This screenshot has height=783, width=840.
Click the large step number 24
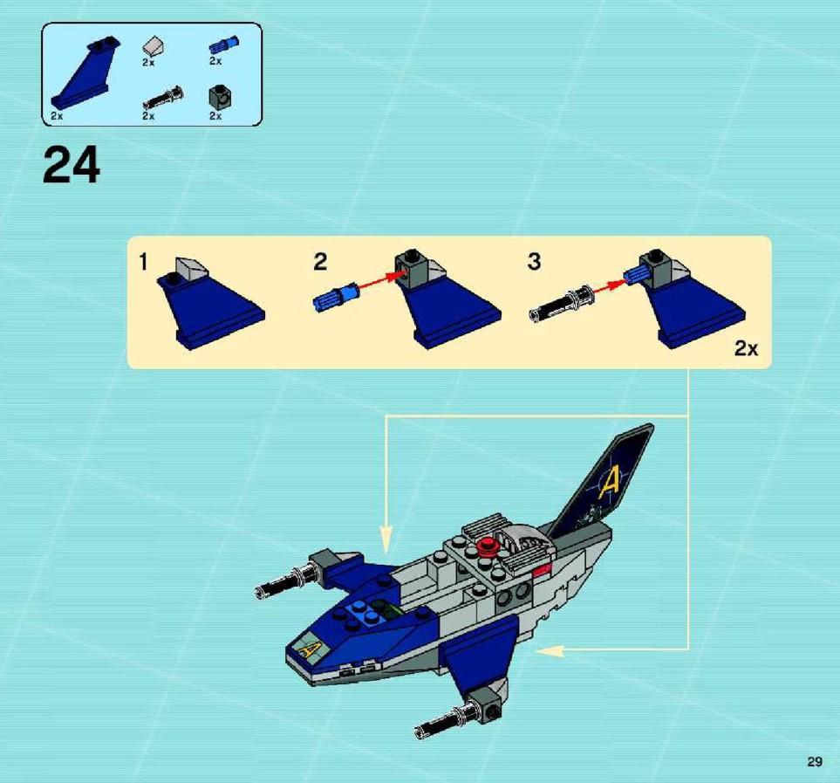pyautogui.click(x=72, y=165)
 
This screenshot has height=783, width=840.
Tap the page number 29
pyautogui.click(x=815, y=761)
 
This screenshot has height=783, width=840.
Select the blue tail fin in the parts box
pyautogui.click(x=85, y=74)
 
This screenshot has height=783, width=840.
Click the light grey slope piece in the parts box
pyautogui.click(x=154, y=46)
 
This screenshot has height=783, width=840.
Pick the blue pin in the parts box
pyautogui.click(x=224, y=45)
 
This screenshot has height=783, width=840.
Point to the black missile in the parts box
pyautogui.click(x=163, y=98)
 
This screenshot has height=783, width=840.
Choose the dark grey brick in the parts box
pyautogui.click(x=220, y=97)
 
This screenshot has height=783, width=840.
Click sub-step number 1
pyautogui.click(x=143, y=263)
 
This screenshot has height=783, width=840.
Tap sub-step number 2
pyautogui.click(x=320, y=262)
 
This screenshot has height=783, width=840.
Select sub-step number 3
pyautogui.click(x=534, y=262)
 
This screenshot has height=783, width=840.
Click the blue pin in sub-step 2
pyautogui.click(x=334, y=297)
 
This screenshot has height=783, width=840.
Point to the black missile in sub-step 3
pyautogui.click(x=560, y=305)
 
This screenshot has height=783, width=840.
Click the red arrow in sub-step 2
pyautogui.click(x=381, y=283)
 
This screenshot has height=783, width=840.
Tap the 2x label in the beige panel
pyautogui.click(x=747, y=349)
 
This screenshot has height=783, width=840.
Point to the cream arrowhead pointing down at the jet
pyautogui.click(x=386, y=538)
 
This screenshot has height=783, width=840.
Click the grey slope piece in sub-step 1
pyautogui.click(x=191, y=267)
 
